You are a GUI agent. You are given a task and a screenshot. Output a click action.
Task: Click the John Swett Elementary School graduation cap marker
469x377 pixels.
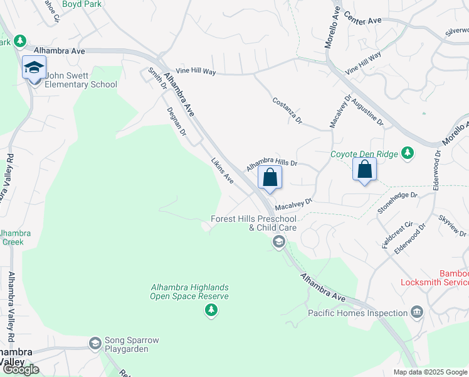[x=34, y=68]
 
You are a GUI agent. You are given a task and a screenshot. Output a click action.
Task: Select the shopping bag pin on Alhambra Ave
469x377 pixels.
[x=270, y=177]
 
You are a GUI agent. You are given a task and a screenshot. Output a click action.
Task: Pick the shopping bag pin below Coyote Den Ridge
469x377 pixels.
[x=364, y=168]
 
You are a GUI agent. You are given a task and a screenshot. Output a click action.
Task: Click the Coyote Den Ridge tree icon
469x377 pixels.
[x=408, y=153]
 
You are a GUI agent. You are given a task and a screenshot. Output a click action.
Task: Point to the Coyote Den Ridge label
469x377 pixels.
[x=366, y=154]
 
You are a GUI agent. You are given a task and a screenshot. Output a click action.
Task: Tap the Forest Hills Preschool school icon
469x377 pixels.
[x=278, y=241]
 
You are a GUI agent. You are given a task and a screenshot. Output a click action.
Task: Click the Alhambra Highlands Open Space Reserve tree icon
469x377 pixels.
[x=212, y=309]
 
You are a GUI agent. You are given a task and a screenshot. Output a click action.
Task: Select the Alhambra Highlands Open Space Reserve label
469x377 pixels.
[x=189, y=292]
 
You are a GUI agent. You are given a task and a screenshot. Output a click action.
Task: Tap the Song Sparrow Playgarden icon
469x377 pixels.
[x=95, y=342]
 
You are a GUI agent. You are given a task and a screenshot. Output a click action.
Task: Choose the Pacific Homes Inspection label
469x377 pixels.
[x=358, y=313]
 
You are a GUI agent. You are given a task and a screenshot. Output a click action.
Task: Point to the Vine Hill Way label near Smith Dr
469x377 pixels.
[x=196, y=72]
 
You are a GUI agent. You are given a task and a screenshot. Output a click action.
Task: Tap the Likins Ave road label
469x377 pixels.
[x=223, y=170]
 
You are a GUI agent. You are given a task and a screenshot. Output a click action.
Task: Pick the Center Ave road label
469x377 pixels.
[x=363, y=21]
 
